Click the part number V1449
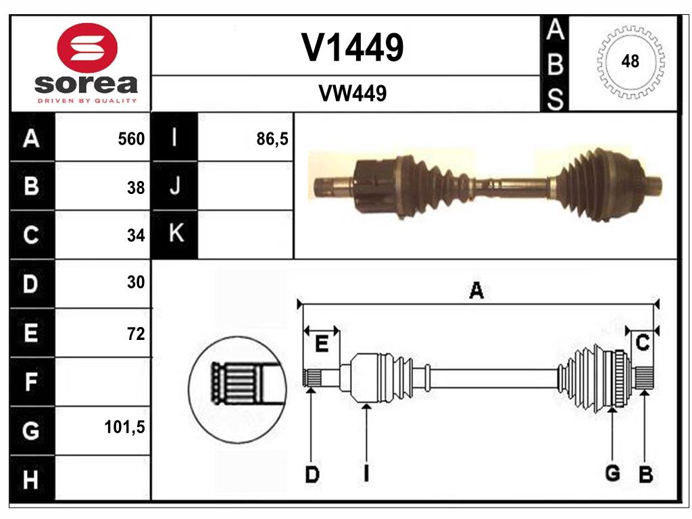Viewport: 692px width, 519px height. click(352, 47)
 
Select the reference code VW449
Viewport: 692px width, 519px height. click(352, 94)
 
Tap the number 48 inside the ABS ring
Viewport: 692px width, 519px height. click(630, 61)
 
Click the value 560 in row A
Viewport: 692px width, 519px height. click(131, 139)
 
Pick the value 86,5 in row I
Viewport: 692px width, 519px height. click(272, 139)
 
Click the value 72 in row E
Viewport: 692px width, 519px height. click(136, 333)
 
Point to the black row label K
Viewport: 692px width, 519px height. click(176, 234)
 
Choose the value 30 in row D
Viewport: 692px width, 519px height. click(136, 282)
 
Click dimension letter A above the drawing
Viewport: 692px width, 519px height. click(476, 292)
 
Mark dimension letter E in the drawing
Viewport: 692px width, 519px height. click(322, 344)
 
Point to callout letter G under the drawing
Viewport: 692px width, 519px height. click(612, 474)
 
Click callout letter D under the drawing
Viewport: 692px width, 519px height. click(312, 474)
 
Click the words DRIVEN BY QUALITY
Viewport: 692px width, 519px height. click(86, 101)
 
